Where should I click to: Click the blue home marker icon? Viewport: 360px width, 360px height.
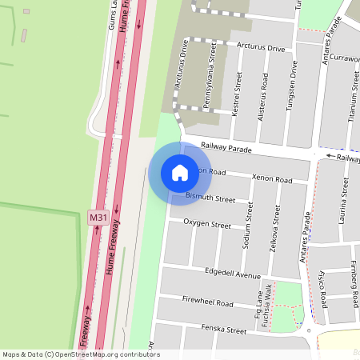180,172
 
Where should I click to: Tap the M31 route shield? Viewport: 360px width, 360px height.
98,217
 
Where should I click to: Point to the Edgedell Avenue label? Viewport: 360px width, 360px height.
233,274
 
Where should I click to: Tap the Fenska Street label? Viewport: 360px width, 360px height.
224,329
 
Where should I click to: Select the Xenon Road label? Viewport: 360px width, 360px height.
272,178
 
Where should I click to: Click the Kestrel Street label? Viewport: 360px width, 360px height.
237,94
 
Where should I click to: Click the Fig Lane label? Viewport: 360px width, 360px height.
258,309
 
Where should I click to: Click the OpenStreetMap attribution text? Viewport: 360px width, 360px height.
81,354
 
